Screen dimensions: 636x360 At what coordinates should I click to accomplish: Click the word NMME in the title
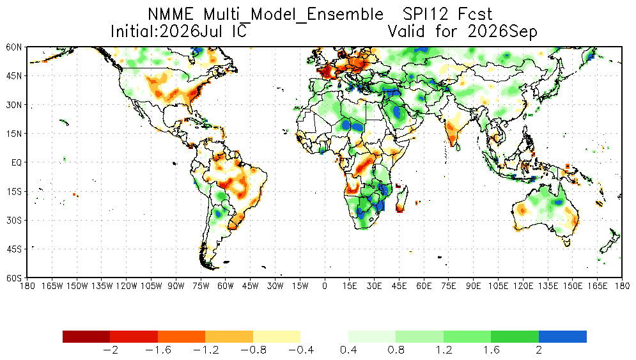[x=171, y=15]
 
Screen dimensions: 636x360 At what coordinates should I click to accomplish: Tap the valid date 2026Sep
[x=502, y=32]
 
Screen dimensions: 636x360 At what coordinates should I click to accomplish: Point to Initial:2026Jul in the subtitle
[x=167, y=32]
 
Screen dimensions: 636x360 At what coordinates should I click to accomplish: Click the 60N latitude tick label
[x=14, y=47]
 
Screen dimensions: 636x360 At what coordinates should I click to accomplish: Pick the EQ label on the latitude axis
[x=17, y=163]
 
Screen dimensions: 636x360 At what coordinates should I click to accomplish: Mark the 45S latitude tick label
[x=14, y=249]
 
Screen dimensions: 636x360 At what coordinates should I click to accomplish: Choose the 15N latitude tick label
[x=14, y=134]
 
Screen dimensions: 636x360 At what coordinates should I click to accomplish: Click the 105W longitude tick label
[x=151, y=286]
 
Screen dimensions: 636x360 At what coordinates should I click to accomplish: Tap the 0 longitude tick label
[x=325, y=286]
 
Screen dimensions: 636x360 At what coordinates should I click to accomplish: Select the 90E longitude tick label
[x=474, y=286]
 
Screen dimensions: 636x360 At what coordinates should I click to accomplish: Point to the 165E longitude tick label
[x=597, y=286]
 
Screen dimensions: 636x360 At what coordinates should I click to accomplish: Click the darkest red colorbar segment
[x=86, y=336]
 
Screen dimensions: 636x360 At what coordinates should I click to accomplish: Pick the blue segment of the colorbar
[x=562, y=336]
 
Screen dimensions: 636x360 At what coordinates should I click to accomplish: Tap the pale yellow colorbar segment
[x=277, y=336]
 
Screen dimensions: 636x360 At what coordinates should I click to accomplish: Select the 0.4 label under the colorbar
[x=348, y=350]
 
